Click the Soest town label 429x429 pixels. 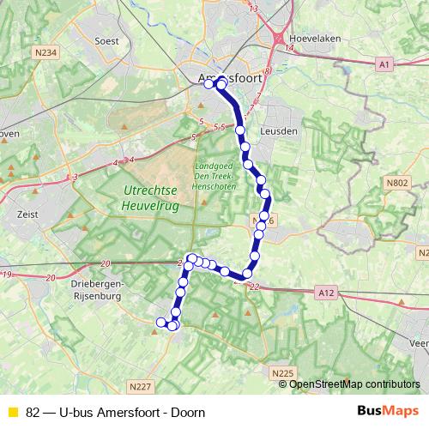tap(106, 39)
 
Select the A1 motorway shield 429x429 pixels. tap(384, 63)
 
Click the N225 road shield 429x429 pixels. tap(282, 373)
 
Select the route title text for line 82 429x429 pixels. tap(116, 412)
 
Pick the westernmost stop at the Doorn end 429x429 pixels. tap(160, 322)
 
